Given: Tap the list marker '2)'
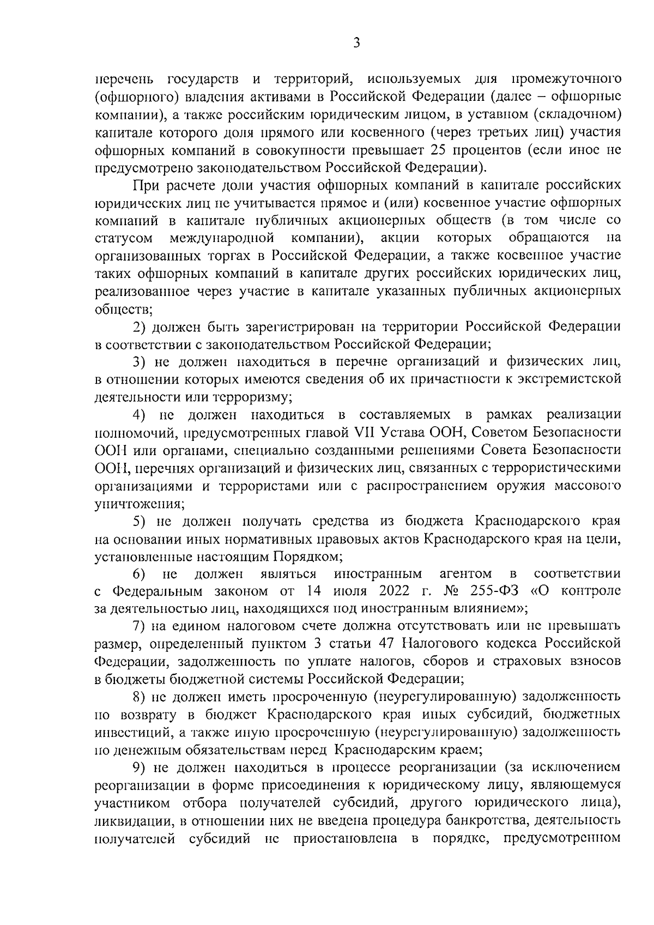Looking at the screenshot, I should click(x=140, y=327).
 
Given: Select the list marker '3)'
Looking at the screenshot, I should click(x=140, y=361).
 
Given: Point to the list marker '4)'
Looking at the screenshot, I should click(x=140, y=415).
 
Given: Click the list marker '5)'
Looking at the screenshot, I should click(x=140, y=521).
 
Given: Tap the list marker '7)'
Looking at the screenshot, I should click(x=140, y=626).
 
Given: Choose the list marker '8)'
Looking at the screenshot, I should click(x=140, y=697).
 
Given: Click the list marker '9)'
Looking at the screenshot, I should click(x=140, y=767).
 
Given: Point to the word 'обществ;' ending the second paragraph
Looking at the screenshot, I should click(x=123, y=310).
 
